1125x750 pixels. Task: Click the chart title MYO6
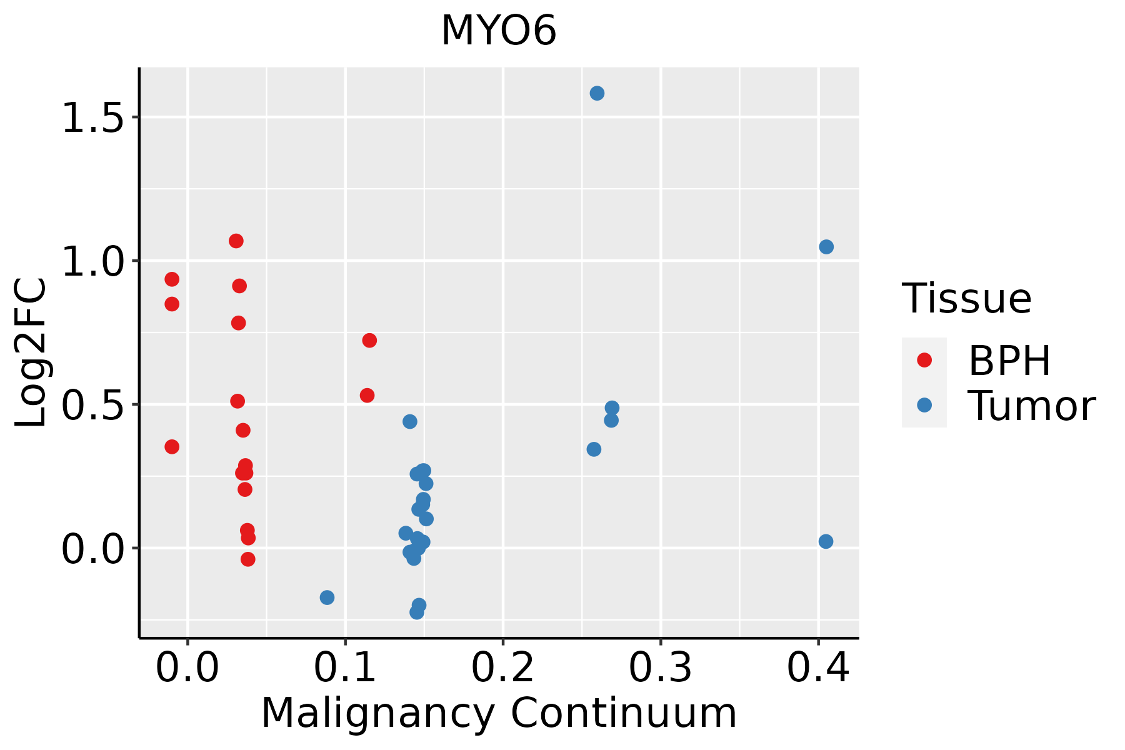pos(498,31)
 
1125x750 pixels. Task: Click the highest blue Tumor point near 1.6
pos(597,93)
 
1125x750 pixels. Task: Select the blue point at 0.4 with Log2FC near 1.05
pos(826,247)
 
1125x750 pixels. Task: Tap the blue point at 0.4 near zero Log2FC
pos(826,541)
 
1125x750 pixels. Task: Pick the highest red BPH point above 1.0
pos(236,241)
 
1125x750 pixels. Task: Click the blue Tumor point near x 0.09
pos(327,597)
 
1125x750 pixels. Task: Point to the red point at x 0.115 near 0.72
pos(369,340)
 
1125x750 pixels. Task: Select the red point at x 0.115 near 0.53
pos(367,395)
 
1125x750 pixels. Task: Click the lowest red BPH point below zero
pos(248,559)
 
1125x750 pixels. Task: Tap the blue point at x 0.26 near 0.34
pos(594,449)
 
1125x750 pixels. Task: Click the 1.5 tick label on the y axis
pos(93,118)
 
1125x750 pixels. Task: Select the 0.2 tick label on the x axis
pos(502,667)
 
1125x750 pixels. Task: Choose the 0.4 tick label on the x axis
pos(817,667)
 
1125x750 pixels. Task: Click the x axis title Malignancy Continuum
pos(499,712)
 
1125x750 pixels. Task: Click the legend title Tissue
pos(967,299)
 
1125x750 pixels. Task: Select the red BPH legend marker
pos(924,360)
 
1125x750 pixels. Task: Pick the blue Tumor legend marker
pos(924,405)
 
